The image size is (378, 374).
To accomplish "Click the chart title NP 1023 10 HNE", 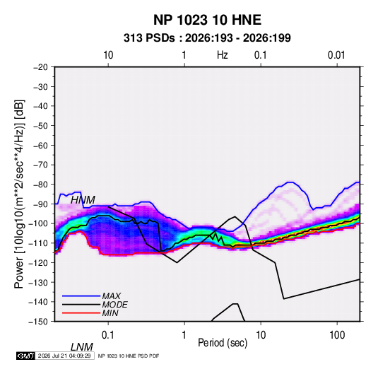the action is click(x=207, y=20).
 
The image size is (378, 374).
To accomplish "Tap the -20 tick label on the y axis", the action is click(x=40, y=67).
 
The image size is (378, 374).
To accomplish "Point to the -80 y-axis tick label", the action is click(x=40, y=185).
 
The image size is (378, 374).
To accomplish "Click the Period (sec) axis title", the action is click(x=223, y=343).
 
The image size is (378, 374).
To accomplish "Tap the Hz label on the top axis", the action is click(x=223, y=55).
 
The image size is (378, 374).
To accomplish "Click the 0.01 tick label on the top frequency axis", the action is click(x=336, y=55).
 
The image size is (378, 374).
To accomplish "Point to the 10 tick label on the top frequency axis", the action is click(x=108, y=55).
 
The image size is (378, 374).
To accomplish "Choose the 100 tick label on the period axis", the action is click(x=337, y=335).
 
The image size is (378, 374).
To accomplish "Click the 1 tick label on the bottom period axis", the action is click(x=184, y=335).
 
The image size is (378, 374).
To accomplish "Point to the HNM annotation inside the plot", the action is click(x=83, y=200).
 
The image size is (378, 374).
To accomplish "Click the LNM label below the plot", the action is click(x=81, y=347).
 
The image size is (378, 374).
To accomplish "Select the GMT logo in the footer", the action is click(x=26, y=356).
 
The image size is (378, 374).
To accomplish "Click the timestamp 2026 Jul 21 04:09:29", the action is click(x=64, y=356).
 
